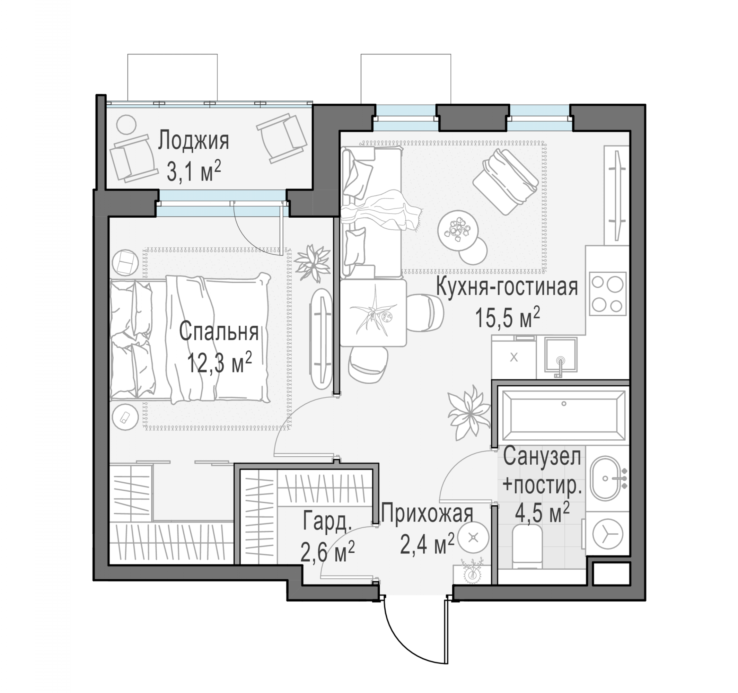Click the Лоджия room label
[193, 141]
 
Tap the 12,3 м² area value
[219, 363]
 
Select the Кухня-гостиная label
[507, 287]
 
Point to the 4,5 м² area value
[542, 514]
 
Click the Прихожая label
[427, 514]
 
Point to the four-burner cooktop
[607, 294]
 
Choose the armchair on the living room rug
[505, 181]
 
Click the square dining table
[374, 313]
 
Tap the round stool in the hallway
[473, 537]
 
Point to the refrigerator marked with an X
[513, 358]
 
